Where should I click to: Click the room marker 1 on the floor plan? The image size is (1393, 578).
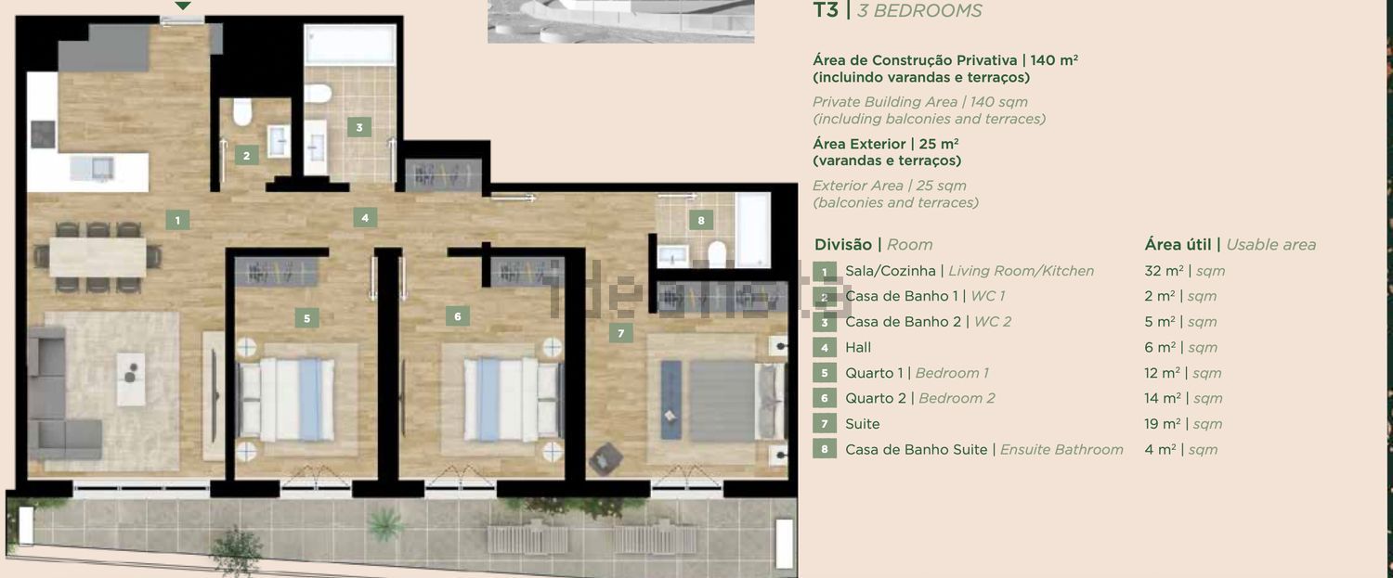tap(177, 220)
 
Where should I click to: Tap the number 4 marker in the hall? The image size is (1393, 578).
tap(365, 218)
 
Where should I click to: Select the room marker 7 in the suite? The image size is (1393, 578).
tap(620, 333)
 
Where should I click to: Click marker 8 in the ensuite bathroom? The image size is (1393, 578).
tap(701, 220)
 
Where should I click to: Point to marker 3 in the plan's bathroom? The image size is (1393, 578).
tap(358, 127)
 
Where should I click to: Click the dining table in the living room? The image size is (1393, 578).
tap(98, 257)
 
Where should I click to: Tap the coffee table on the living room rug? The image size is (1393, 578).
tap(131, 379)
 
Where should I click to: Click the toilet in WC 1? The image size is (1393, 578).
tap(241, 111)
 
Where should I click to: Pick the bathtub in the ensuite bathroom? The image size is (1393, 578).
tap(752, 230)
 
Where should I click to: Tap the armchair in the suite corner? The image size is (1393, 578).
tap(605, 458)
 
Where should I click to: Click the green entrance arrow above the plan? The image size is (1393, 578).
tap(182, 6)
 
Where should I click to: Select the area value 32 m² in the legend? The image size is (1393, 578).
tap(1164, 271)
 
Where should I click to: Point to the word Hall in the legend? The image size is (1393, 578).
tap(857, 347)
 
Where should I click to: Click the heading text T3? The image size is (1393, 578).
tap(826, 10)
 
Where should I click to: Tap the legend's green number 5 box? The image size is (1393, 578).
tap(825, 374)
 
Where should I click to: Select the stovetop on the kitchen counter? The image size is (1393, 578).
tap(43, 135)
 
